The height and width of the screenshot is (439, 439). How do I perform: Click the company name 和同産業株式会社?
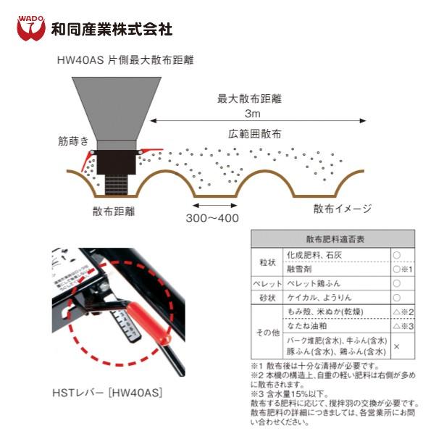(x=112, y=30)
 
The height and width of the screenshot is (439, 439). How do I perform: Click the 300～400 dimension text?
(x=212, y=217)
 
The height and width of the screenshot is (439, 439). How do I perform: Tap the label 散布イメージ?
(x=343, y=209)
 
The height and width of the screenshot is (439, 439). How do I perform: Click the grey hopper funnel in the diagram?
(x=117, y=105)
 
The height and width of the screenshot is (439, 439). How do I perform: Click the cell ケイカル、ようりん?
(x=314, y=298)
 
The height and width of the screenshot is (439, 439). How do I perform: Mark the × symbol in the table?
(x=396, y=346)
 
